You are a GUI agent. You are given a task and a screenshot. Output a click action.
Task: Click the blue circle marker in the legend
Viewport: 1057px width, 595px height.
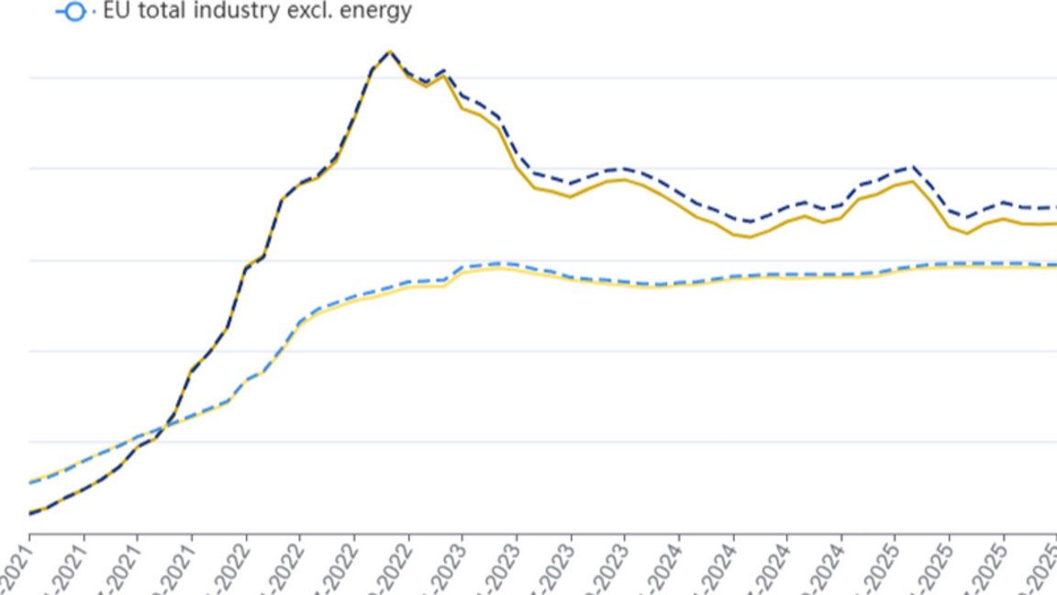point(73,12)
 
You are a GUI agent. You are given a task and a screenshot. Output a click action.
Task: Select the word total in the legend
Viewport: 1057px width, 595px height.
point(163,11)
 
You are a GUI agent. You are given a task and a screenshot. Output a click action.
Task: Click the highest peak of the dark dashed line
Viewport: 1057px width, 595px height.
point(390,51)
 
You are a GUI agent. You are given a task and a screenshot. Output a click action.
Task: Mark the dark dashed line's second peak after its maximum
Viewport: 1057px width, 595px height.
point(444,70)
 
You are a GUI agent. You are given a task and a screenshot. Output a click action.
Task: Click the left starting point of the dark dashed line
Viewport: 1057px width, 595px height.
point(29,513)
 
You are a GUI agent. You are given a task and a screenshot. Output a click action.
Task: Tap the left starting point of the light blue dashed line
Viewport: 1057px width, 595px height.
point(29,482)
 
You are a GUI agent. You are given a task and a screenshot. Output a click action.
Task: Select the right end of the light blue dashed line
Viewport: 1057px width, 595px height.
point(1055,264)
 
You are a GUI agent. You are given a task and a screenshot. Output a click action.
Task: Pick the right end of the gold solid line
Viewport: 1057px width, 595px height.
point(1055,223)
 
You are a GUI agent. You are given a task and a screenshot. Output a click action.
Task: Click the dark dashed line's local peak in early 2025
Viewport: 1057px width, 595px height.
point(912,167)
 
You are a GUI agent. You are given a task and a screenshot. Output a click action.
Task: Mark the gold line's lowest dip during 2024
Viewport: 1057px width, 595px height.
point(751,237)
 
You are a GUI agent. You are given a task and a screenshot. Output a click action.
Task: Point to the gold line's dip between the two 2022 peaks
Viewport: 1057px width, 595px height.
point(426,86)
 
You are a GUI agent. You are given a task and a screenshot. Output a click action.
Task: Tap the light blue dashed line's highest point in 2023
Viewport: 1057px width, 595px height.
point(498,263)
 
